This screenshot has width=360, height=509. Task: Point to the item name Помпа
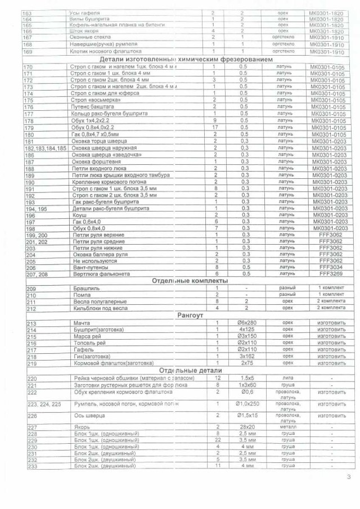tap(80, 295)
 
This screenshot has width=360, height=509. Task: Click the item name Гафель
tap(81, 349)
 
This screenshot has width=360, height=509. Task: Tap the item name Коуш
tap(78, 215)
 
